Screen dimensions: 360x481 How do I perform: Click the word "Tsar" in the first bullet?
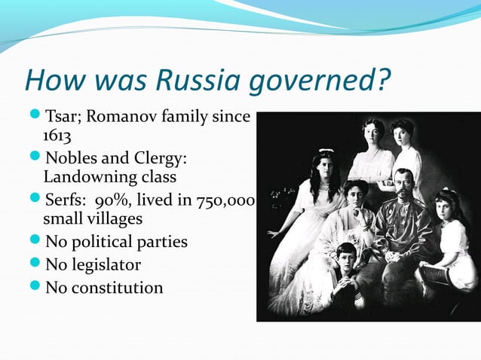point(61,117)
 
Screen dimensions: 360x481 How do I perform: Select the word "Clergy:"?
point(161,160)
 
